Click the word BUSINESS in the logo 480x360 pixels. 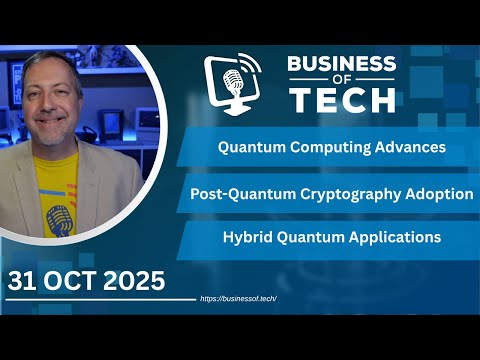coord(342,65)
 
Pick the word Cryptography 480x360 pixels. coord(349,194)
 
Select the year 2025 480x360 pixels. coord(134,281)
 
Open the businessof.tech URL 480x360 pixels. coord(238,299)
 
